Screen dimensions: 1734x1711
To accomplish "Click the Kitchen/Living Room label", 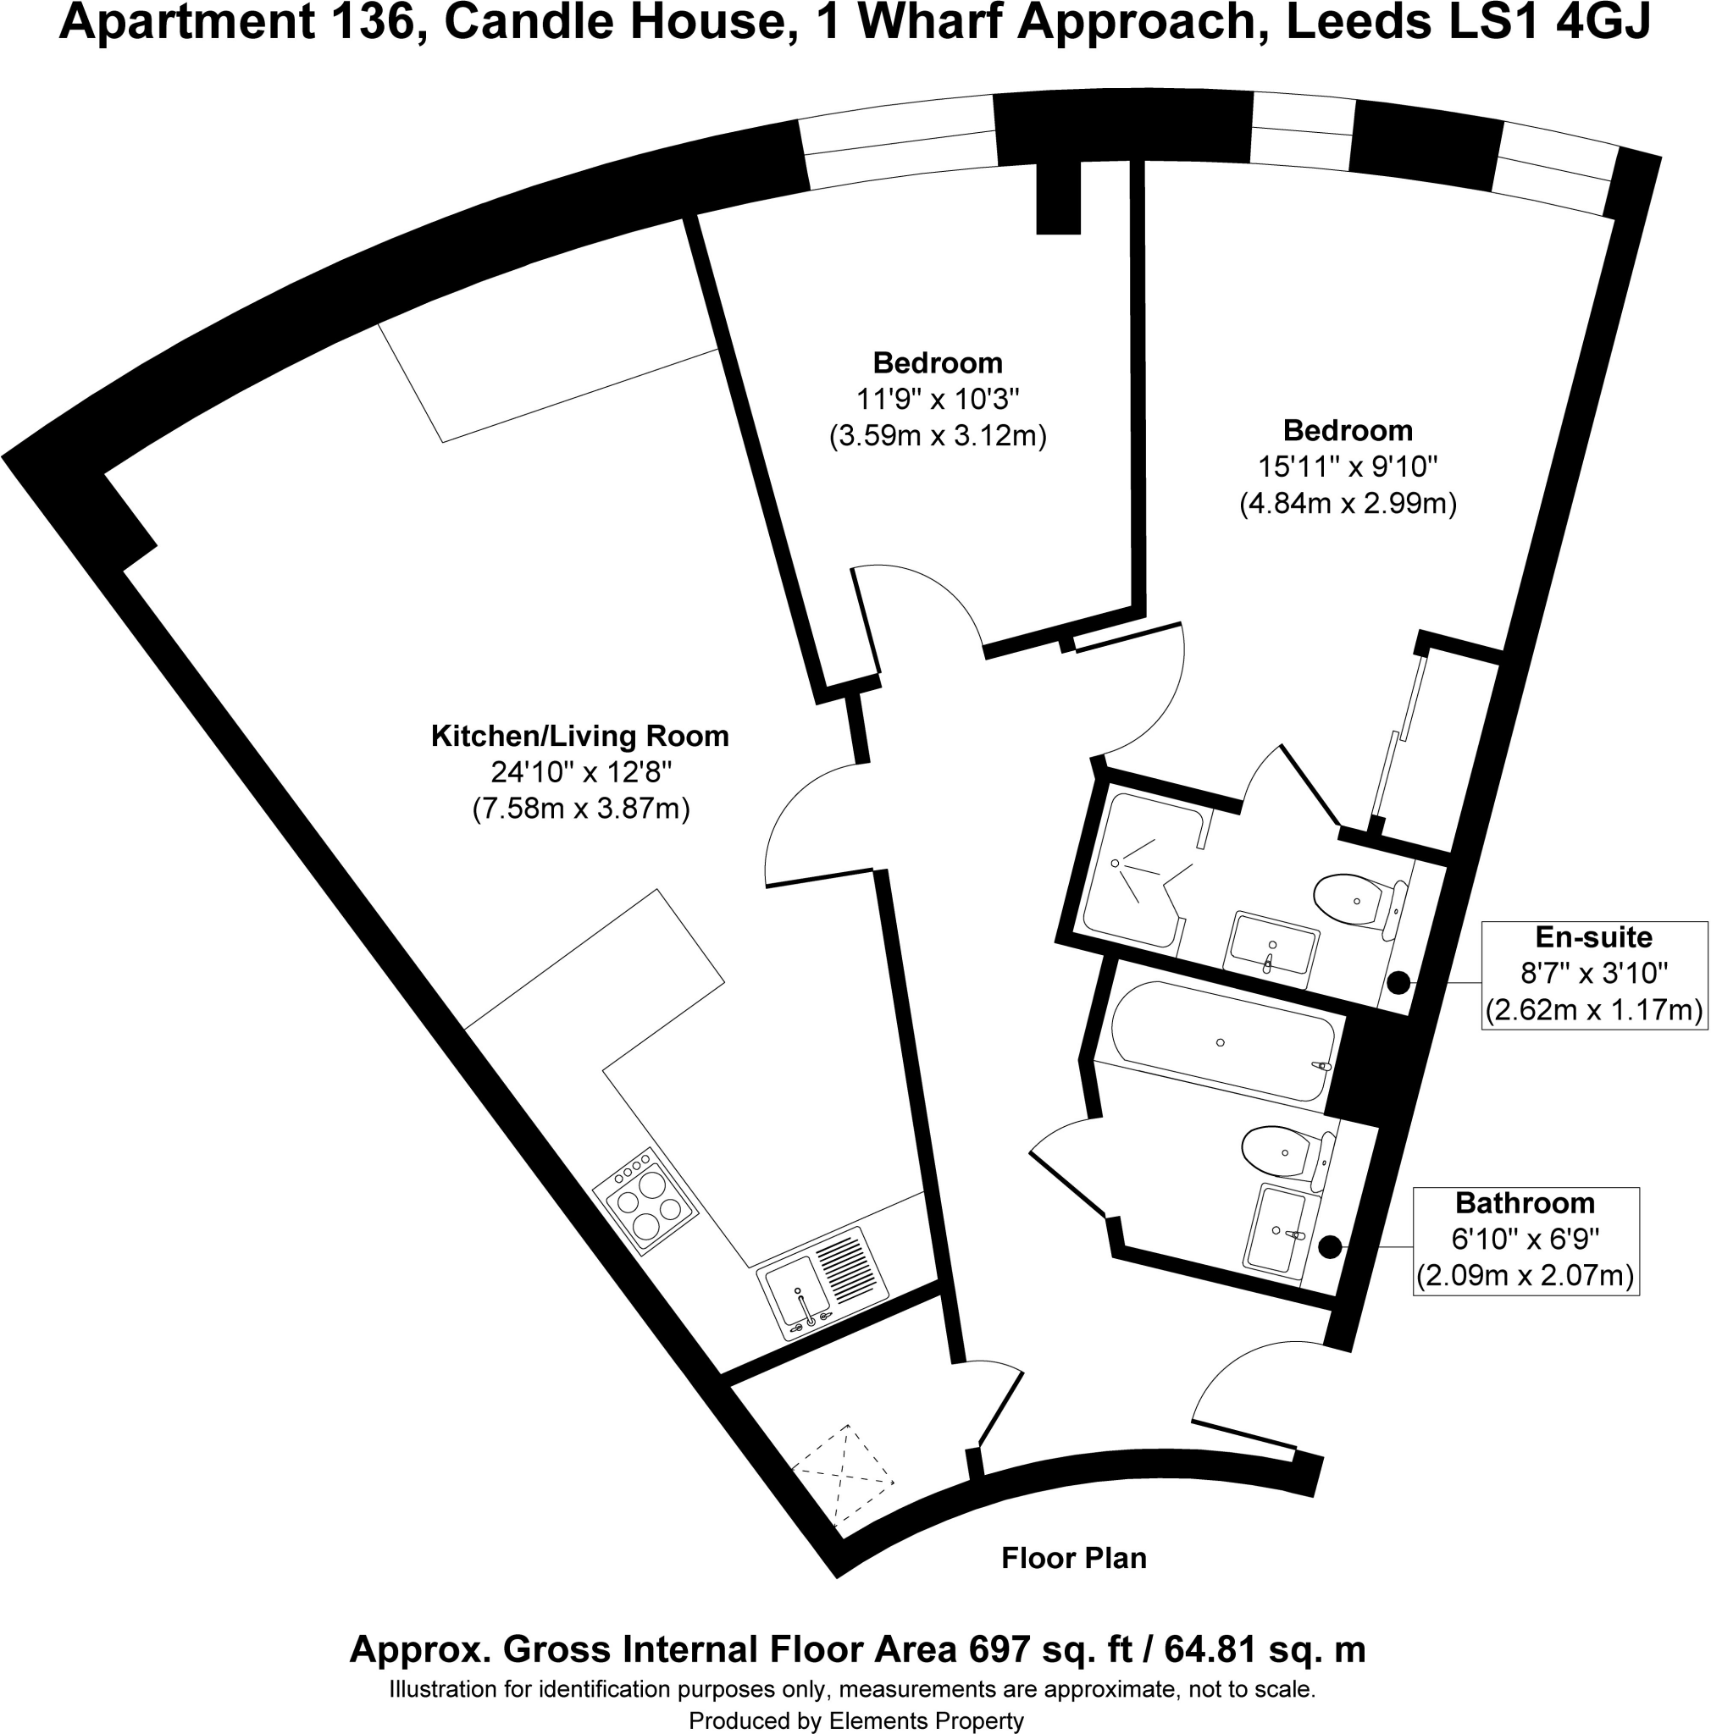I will coord(579,736).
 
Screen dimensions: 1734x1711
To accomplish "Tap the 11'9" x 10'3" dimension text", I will coord(937,399).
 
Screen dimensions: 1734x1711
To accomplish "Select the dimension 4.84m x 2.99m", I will coord(1347,504).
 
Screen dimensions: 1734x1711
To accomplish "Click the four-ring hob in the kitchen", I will coord(645,1201).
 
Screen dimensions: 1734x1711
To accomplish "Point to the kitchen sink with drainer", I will coord(822,1283).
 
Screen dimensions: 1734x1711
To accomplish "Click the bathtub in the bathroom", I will coord(1221,1041).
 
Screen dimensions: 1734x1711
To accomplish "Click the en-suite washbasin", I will coord(1272,947).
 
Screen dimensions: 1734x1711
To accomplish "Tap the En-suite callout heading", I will coord(1592,937).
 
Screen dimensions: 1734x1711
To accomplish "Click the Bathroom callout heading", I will coord(1525,1202).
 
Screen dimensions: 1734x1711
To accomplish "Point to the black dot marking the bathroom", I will coord(1330,1246).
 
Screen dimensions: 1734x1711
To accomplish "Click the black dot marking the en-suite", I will coord(1398,983).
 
